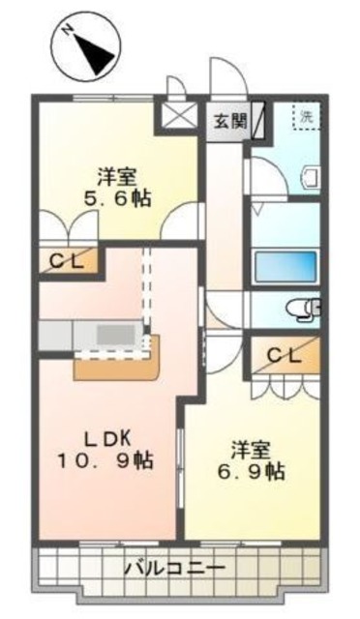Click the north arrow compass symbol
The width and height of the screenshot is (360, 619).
coord(88,50)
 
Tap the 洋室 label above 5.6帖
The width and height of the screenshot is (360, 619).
coord(116,176)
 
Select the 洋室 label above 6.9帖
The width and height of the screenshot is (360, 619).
coord(250,450)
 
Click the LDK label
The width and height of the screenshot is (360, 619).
coord(106,435)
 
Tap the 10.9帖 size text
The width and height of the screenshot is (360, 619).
coord(105,460)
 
